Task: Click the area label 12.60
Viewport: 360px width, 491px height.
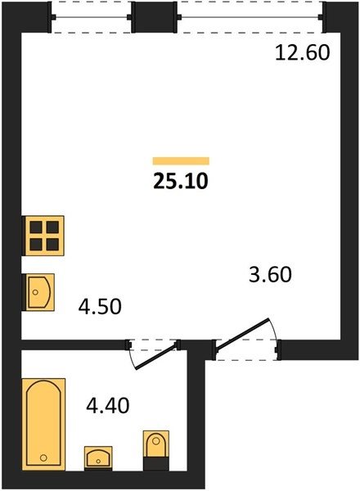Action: pos(303,52)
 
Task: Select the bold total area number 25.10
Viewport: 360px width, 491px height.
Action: pos(181,182)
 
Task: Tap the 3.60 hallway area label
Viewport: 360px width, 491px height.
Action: pos(270,274)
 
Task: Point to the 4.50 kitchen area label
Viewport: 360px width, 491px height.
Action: pos(100,306)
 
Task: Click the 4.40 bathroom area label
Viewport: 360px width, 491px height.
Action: pos(108,406)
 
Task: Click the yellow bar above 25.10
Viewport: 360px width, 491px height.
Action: pos(181,161)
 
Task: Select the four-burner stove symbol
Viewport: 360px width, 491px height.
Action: pos(44,236)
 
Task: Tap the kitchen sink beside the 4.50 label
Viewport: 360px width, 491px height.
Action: pos(39,292)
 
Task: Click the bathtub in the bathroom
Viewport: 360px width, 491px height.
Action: pos(44,424)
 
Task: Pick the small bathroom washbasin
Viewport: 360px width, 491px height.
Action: pos(98,458)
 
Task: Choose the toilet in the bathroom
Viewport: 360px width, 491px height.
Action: pos(156,450)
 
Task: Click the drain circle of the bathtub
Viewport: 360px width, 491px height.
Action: pos(43,457)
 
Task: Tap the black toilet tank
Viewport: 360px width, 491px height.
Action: pos(156,464)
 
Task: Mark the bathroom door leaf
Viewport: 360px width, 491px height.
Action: pos(155,356)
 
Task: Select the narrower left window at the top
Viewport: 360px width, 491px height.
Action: pos(92,17)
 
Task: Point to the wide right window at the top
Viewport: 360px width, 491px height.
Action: pos(250,17)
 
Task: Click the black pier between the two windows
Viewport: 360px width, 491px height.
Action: pos(155,17)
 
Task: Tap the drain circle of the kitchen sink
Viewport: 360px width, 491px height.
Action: pos(35,292)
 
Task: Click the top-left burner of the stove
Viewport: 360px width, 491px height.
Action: pos(36,227)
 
